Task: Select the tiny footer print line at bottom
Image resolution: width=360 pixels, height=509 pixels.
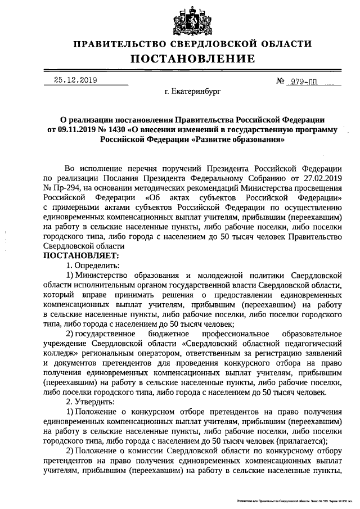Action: click(x=290, y=499)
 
